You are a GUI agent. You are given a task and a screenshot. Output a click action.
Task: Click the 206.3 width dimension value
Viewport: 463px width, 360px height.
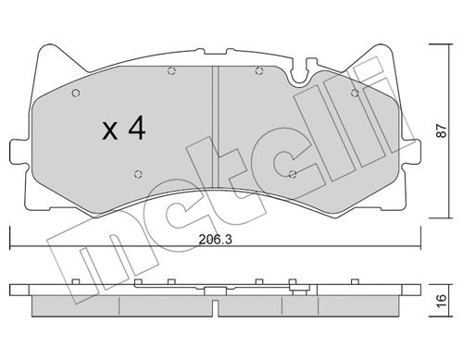(215, 239)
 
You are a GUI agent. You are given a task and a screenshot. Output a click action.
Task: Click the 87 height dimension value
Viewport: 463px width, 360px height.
(442, 130)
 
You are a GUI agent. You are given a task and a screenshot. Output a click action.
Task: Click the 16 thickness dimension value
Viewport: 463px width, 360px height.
(442, 300)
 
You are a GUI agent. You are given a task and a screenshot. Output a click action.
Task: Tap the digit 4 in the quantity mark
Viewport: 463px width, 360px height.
(137, 128)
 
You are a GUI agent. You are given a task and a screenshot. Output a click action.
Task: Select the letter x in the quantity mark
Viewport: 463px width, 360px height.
(110, 130)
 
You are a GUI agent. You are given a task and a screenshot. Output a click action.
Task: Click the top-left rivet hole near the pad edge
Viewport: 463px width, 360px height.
(76, 93)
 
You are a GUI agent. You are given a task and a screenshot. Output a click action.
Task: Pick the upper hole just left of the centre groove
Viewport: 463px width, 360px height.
(171, 71)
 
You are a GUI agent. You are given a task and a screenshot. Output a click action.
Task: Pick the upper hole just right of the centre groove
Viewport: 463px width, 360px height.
(259, 71)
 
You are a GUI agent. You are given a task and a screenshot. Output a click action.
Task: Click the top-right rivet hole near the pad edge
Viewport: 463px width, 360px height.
(355, 93)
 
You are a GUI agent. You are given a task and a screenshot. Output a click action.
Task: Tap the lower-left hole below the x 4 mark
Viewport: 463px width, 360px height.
(139, 174)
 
